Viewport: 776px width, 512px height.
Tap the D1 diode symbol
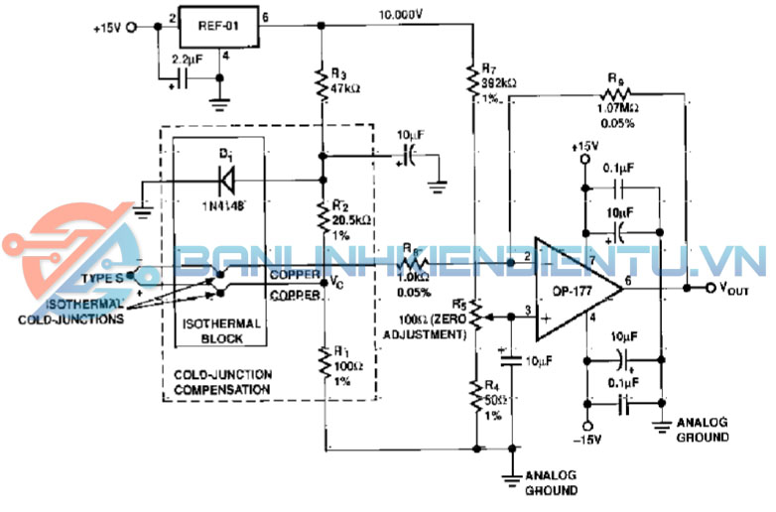click(x=226, y=180)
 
